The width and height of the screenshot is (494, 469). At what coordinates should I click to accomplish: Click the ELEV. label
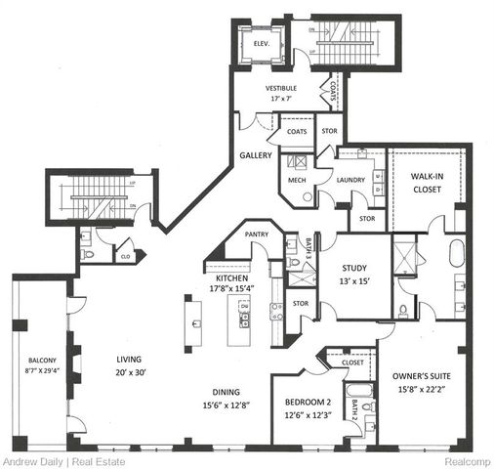[x=261, y=44]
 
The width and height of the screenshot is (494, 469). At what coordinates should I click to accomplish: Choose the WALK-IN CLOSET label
[x=427, y=184]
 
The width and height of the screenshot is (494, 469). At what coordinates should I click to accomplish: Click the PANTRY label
[x=258, y=234]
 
